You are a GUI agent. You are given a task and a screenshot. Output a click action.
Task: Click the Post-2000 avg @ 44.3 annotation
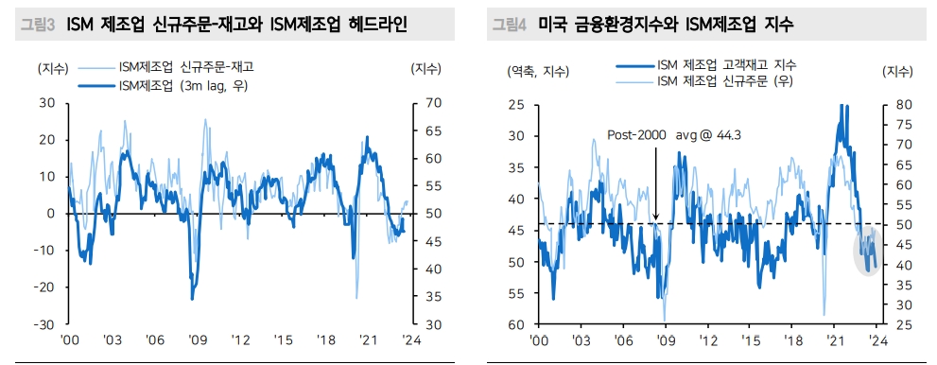(674, 135)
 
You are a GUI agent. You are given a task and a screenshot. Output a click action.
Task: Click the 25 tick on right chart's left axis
(518, 104)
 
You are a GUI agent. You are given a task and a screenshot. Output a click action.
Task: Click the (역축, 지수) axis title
(538, 71)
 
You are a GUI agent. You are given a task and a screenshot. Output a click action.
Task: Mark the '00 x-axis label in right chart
(538, 340)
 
